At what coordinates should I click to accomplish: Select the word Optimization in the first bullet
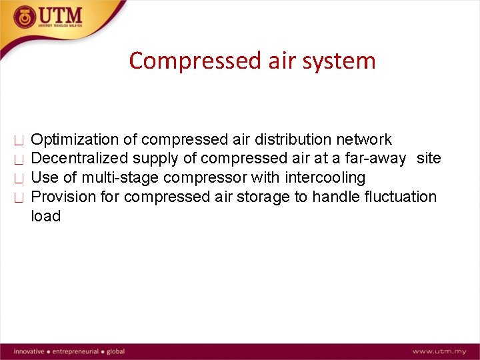[75, 140]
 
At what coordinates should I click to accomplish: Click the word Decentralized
[80, 159]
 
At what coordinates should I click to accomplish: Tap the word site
[429, 159]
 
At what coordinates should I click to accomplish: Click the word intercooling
[325, 178]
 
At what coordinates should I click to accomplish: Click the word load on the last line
[46, 217]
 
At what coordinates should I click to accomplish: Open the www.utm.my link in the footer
[439, 351]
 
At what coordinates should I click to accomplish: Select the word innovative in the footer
[28, 351]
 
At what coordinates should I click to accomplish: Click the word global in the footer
[115, 351]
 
